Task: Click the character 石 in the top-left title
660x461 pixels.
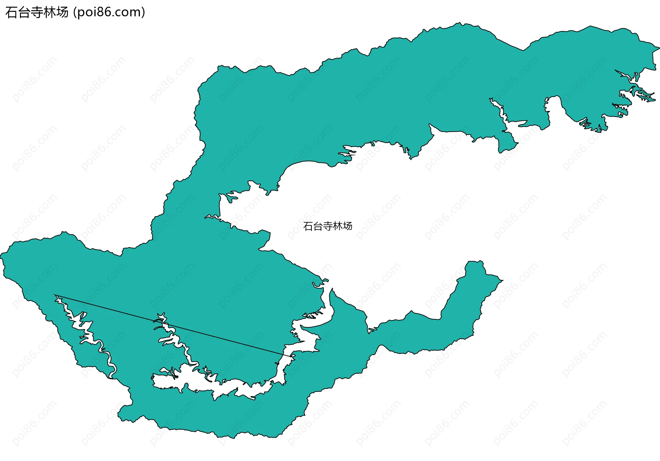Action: point(11,12)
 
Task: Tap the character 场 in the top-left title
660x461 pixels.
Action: point(63,12)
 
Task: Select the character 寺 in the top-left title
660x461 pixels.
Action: point(37,12)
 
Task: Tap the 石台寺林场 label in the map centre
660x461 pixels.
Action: point(328,226)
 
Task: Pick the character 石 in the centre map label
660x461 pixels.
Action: point(308,226)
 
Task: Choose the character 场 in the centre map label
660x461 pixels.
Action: point(348,226)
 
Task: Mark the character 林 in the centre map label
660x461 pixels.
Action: point(338,226)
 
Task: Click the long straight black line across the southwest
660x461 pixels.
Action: point(172,325)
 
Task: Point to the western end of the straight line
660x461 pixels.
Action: point(55,295)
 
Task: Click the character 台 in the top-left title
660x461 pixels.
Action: point(24,12)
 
